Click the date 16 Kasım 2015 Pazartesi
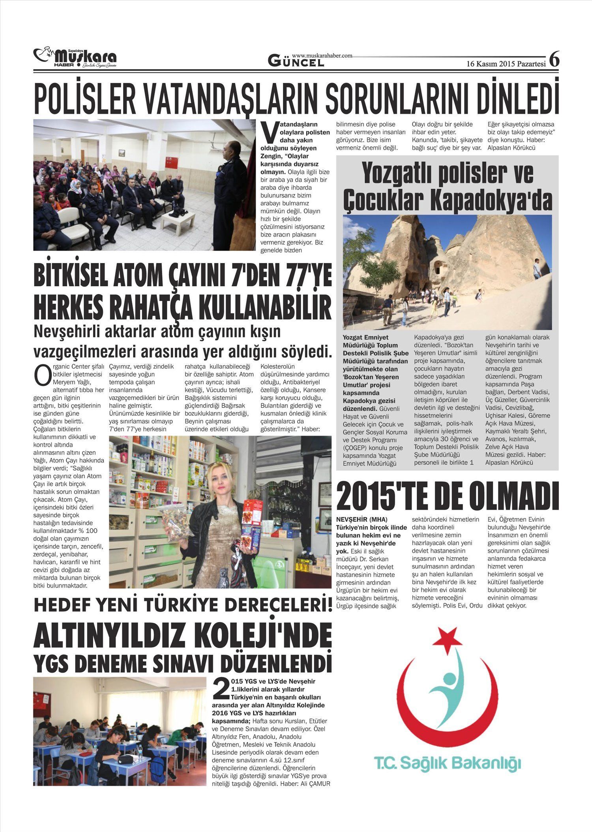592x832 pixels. coord(506,64)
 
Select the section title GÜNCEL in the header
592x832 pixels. coord(296,61)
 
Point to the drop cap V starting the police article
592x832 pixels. coord(269,133)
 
